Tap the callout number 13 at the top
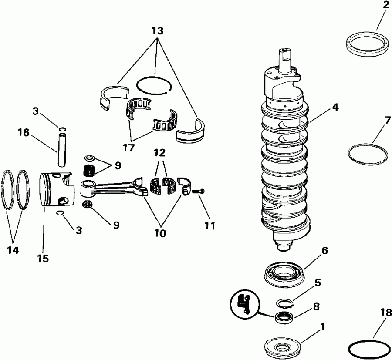point(157,31)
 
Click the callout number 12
point(159,154)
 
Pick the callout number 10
point(159,233)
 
